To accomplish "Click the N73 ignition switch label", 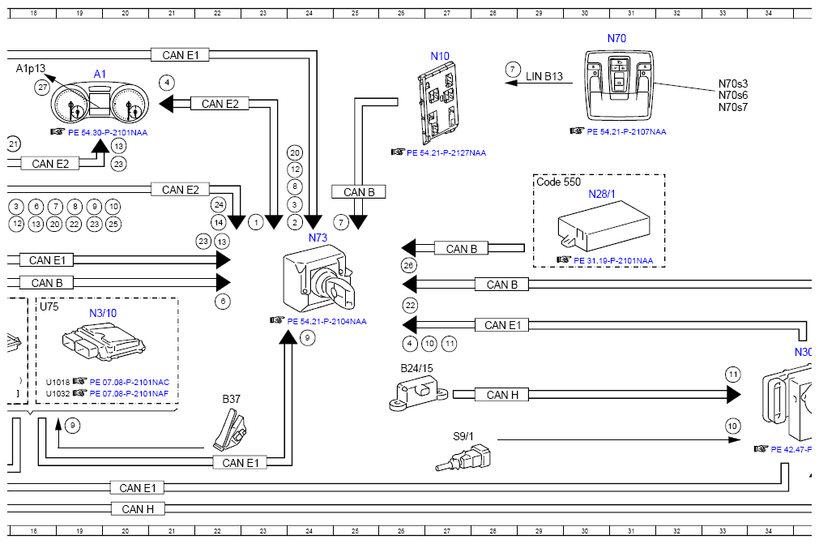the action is click(x=318, y=238).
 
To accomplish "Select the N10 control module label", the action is click(x=440, y=57).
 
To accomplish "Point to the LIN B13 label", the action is click(x=544, y=76).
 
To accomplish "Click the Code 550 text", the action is click(x=558, y=182).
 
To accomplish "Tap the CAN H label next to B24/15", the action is click(x=502, y=395).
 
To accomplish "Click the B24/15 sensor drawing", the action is click(x=418, y=393).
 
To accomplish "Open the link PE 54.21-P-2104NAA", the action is click(x=326, y=321).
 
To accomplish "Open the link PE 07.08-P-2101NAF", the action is click(x=129, y=393).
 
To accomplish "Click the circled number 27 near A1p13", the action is click(x=43, y=88).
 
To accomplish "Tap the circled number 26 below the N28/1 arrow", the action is click(x=408, y=265).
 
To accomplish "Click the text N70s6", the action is click(x=733, y=95).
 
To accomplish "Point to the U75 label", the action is click(x=49, y=306).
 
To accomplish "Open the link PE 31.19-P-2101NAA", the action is click(x=613, y=261).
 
